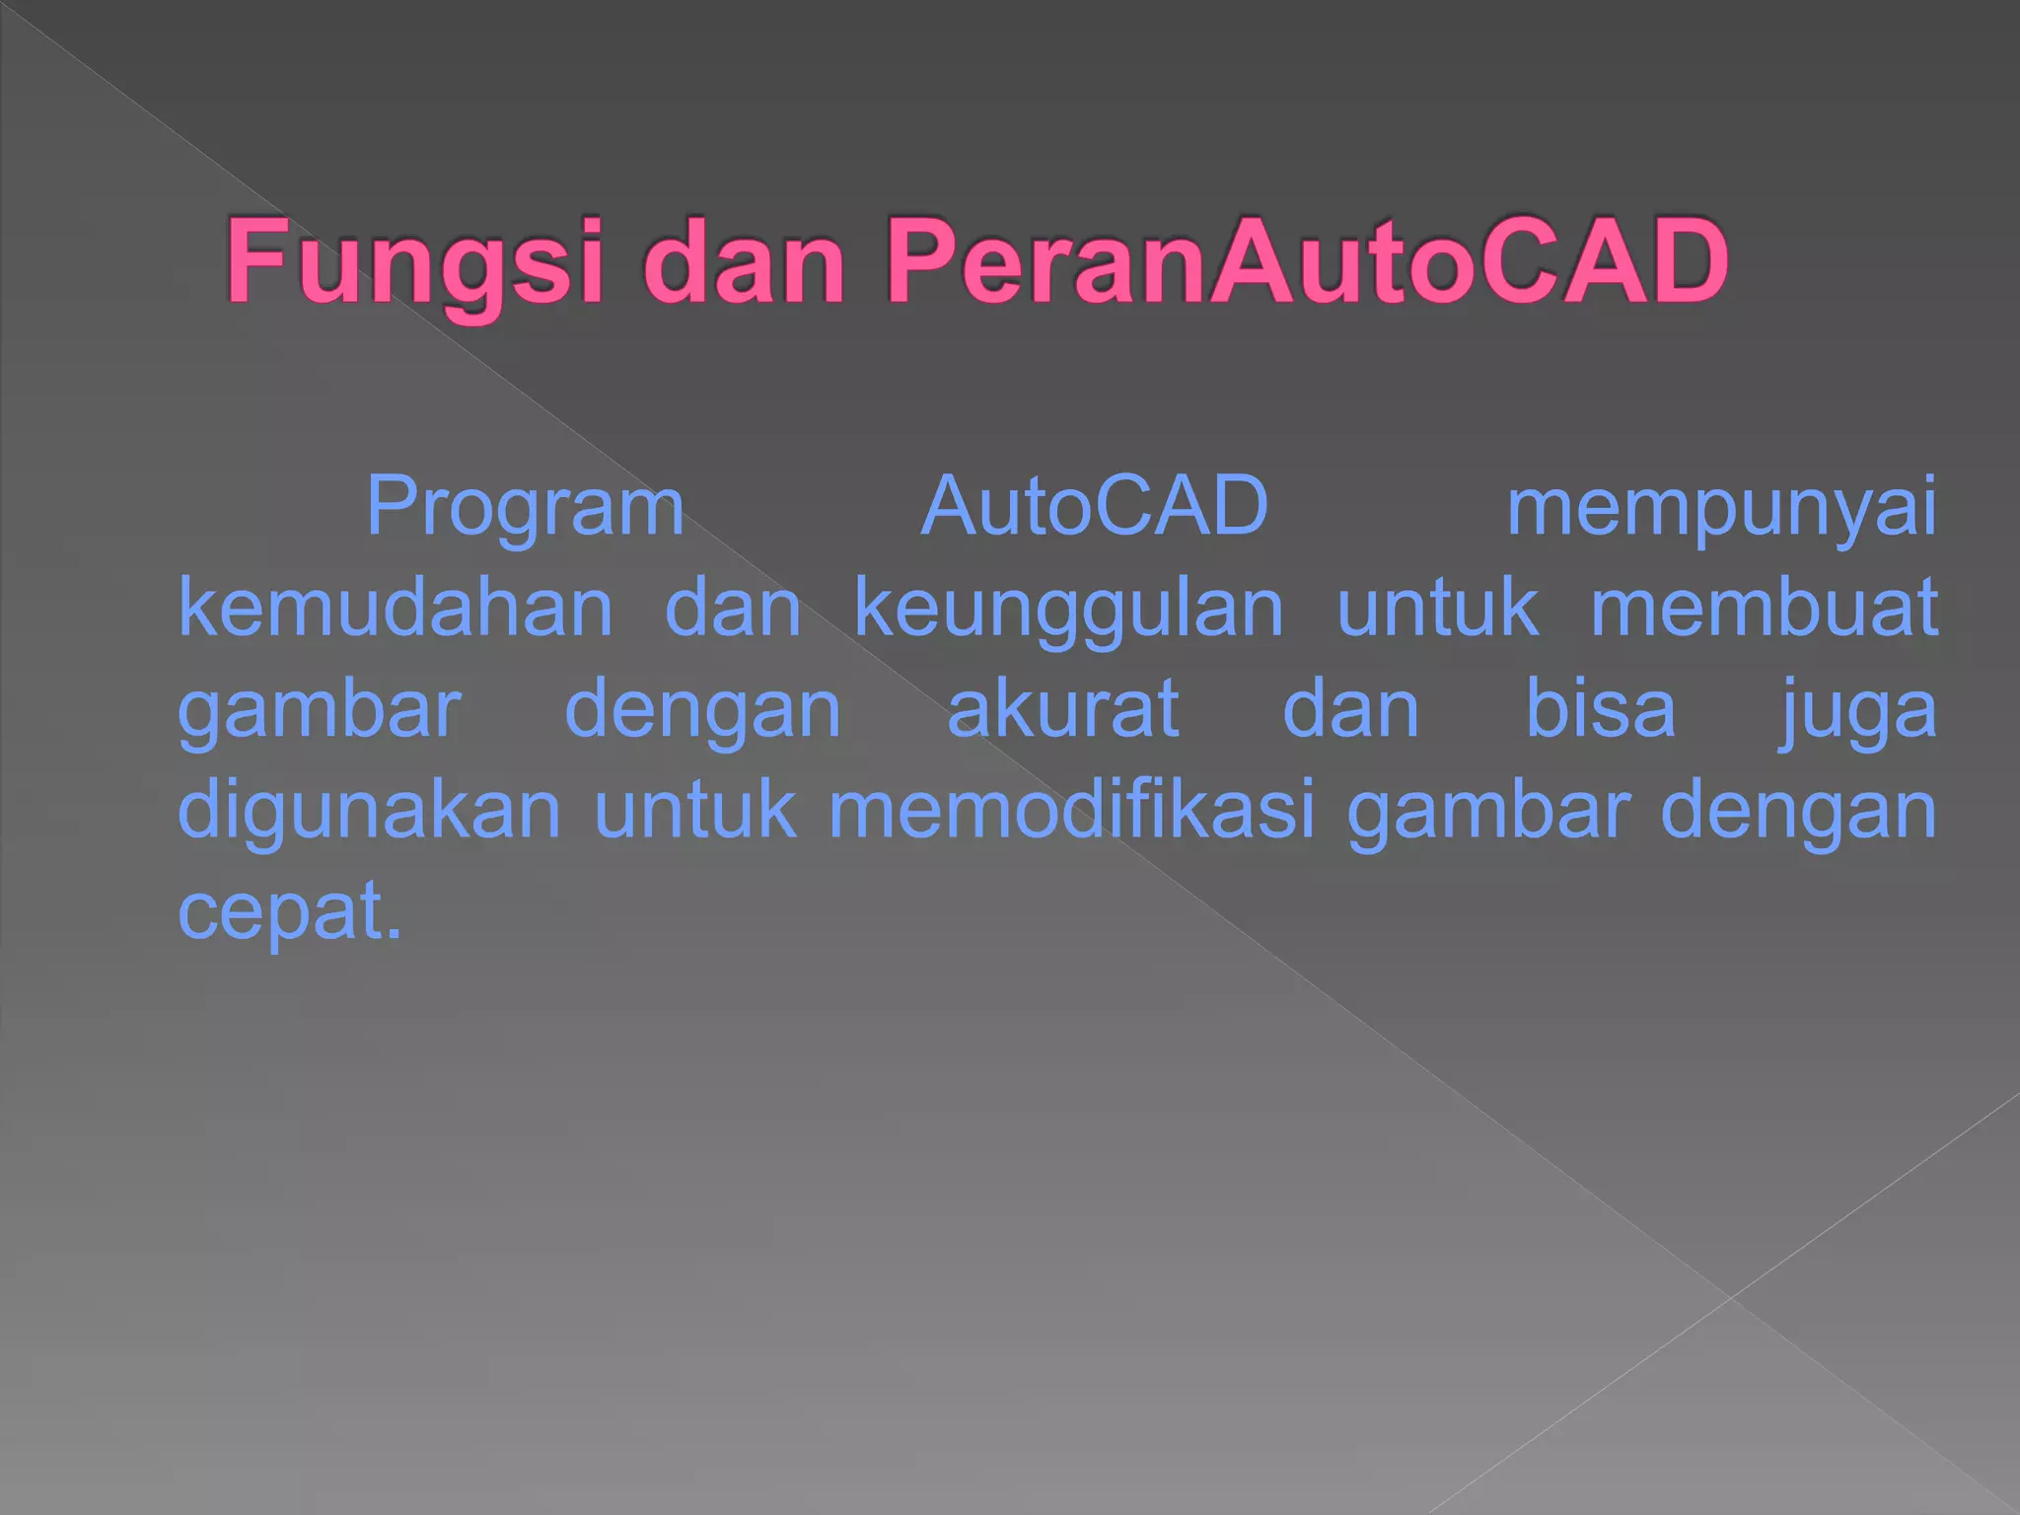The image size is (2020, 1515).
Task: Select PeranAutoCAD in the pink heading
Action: pyautogui.click(x=1307, y=262)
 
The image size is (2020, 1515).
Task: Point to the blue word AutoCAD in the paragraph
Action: pyautogui.click(x=1094, y=506)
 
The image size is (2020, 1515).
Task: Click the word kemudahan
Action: pyautogui.click(x=396, y=608)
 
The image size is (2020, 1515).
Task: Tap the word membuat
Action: pyautogui.click(x=1765, y=608)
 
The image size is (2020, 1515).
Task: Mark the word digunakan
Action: pyautogui.click(x=369, y=811)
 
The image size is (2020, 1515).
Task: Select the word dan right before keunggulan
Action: pyautogui.click(x=733, y=608)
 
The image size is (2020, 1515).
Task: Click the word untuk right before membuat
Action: pyautogui.click(x=1437, y=608)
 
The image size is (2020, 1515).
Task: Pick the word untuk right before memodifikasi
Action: pyautogui.click(x=695, y=811)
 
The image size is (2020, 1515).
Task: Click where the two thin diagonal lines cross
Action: pyautogui.click(x=1731, y=1297)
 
